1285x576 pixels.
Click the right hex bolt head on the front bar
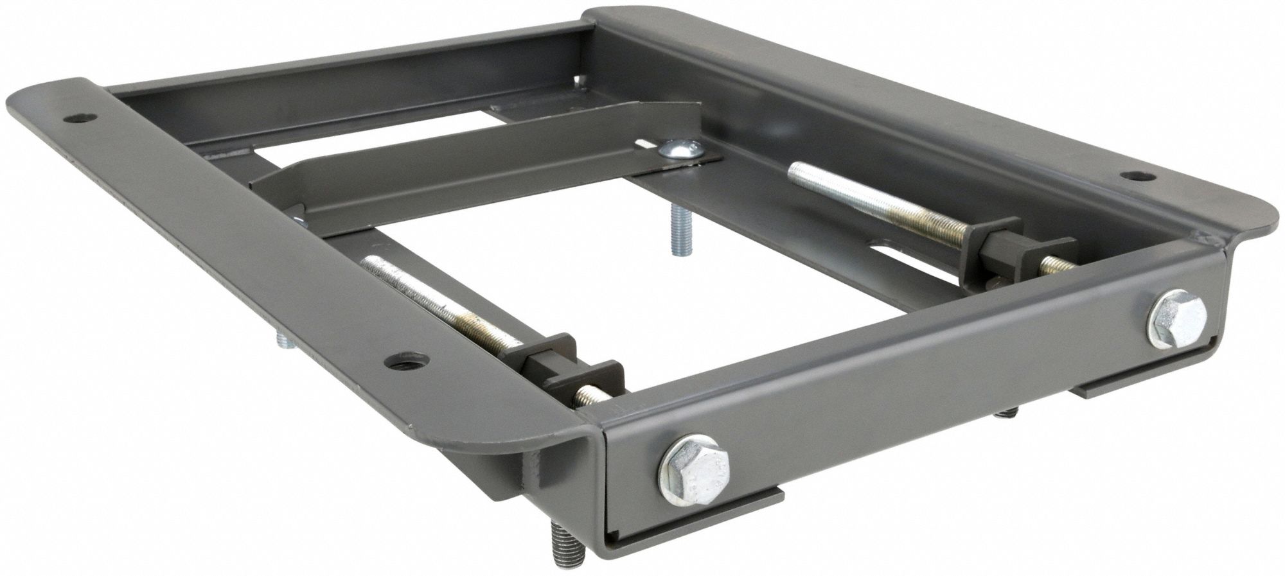click(1176, 319)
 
